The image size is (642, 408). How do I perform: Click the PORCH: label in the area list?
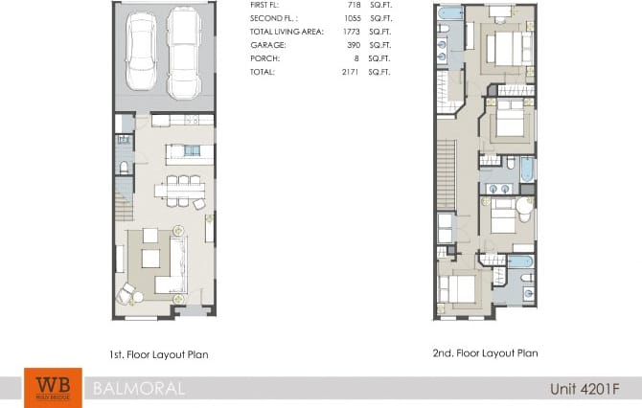coord(264,58)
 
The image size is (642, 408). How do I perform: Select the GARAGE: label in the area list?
coord(266,45)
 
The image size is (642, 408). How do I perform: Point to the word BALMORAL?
coord(133,389)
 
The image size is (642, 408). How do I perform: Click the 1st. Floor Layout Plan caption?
coord(159,354)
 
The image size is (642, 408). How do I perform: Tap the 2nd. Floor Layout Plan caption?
coord(485,352)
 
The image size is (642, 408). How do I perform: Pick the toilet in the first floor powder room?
coord(124,170)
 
